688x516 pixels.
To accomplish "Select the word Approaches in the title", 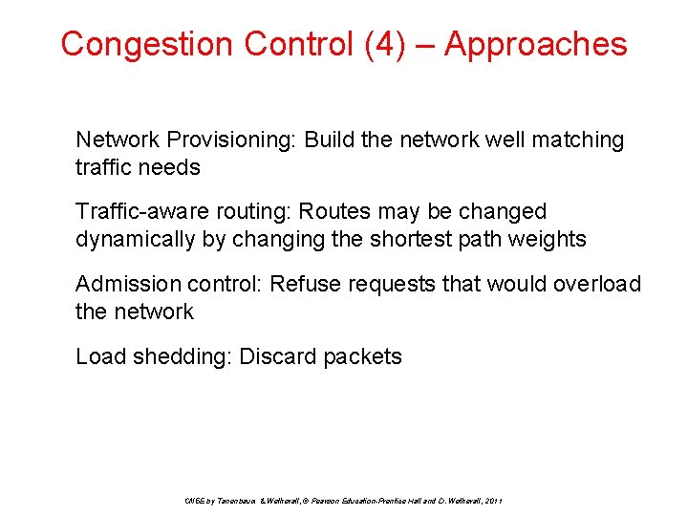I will coord(535,44).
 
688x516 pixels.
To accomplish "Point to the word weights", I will coord(549,239).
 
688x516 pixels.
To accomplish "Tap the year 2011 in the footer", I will coord(494,501).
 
